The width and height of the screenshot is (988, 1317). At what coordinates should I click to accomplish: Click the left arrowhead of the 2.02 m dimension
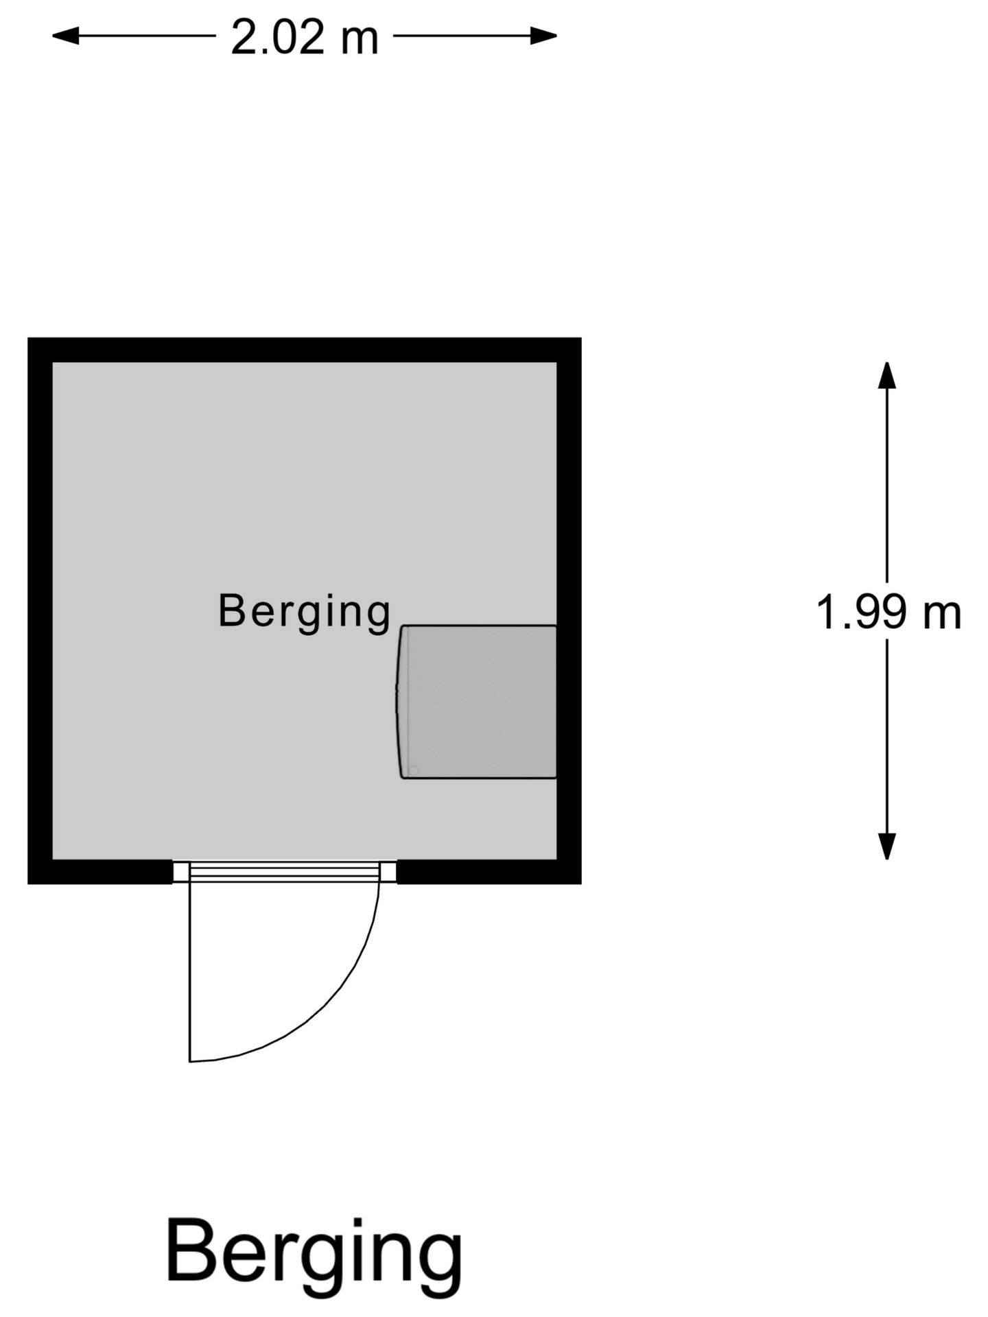[66, 36]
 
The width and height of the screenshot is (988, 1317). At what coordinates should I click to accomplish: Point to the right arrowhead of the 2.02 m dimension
[543, 36]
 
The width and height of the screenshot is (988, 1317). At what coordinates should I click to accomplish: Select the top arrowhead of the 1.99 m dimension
[887, 375]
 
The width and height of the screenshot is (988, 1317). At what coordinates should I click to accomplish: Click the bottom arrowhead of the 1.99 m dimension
[887, 846]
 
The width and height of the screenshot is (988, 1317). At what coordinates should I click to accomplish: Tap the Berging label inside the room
[304, 612]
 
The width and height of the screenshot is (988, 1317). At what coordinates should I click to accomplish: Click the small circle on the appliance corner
[413, 771]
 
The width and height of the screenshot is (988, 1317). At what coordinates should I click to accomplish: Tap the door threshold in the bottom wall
[284, 872]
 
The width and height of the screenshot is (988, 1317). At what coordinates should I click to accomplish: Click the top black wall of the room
[305, 350]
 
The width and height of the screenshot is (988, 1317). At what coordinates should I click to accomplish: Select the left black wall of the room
[40, 610]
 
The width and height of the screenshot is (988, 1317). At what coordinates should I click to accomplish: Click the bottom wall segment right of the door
[489, 872]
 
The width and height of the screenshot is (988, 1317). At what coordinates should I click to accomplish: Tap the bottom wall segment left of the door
[100, 872]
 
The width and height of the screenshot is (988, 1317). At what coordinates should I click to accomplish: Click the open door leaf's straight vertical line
[190, 971]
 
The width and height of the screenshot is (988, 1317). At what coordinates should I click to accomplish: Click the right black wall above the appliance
[569, 493]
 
